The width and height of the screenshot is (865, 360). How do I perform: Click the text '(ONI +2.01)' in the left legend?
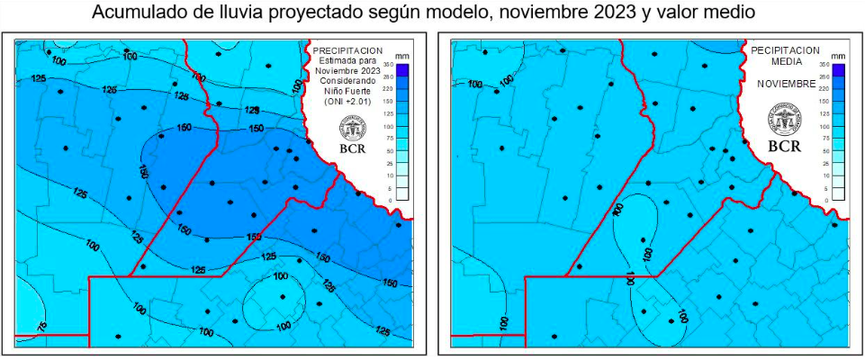[346, 103]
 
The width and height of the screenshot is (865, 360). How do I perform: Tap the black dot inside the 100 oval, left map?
[283, 297]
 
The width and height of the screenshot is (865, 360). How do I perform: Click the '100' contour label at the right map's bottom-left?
[504, 322]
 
